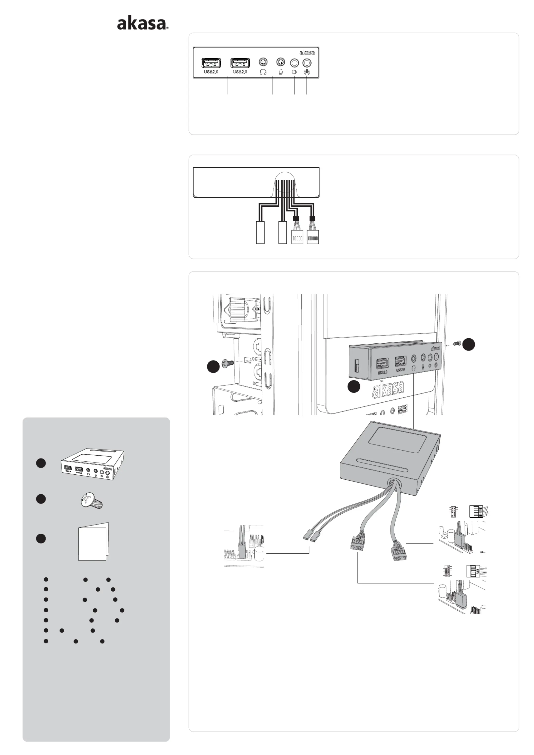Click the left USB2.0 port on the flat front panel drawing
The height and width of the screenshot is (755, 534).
tap(211, 63)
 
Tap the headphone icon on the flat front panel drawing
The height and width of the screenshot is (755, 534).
tap(263, 72)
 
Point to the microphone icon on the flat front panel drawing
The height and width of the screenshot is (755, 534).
tap(281, 72)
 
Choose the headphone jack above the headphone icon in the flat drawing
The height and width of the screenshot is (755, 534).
tap(263, 62)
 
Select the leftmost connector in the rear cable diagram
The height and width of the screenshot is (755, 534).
tap(260, 233)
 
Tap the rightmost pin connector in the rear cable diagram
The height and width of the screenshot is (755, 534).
tap(313, 237)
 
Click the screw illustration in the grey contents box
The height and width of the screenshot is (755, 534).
tap(92, 501)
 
